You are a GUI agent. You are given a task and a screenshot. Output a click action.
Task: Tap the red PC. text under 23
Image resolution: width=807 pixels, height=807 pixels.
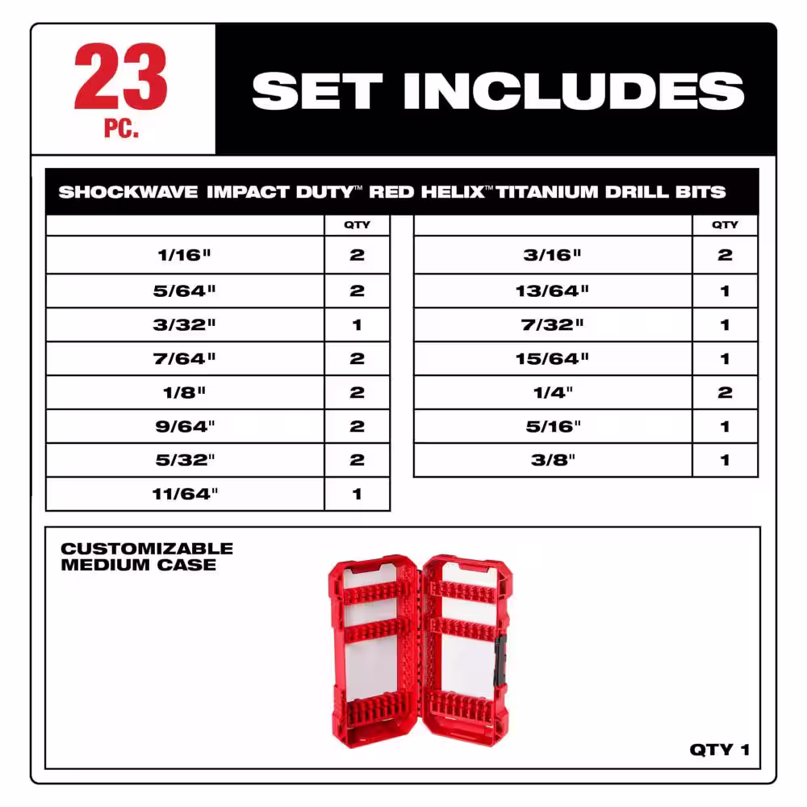point(122,128)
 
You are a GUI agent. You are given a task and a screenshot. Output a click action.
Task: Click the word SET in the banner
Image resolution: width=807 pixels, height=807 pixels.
point(317,90)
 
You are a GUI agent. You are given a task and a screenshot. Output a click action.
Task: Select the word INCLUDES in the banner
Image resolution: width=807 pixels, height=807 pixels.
point(574,90)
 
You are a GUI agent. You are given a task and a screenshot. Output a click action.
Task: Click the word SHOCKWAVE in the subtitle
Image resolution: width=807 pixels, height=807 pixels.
point(128,192)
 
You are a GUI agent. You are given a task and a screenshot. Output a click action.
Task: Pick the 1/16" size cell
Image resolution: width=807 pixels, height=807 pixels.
point(185,255)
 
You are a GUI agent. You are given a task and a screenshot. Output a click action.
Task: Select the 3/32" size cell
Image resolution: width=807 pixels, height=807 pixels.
point(185,324)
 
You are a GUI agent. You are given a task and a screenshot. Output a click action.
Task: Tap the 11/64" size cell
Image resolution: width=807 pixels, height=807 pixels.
point(185,494)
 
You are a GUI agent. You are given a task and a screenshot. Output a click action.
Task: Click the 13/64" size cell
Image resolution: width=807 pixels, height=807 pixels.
point(553,291)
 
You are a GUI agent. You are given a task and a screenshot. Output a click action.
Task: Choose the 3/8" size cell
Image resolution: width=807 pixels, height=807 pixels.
point(553,460)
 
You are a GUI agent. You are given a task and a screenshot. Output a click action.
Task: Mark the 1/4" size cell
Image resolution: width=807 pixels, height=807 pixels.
point(553,392)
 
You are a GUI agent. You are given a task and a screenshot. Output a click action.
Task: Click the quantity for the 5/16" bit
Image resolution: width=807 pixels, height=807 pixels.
point(725,427)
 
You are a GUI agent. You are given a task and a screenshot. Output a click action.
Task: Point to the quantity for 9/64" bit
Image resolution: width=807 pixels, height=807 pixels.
point(358,427)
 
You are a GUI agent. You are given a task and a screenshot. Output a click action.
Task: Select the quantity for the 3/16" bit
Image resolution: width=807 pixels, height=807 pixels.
point(725,255)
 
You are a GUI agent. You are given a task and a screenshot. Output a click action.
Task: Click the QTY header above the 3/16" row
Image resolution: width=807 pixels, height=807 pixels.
point(725,225)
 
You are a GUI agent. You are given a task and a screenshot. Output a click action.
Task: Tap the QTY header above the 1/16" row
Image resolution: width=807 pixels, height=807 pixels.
point(358,225)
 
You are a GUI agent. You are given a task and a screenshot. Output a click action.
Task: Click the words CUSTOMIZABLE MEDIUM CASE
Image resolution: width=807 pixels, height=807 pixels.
point(147,556)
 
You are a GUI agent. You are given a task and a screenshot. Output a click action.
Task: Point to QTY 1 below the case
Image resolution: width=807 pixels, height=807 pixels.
point(719,750)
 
